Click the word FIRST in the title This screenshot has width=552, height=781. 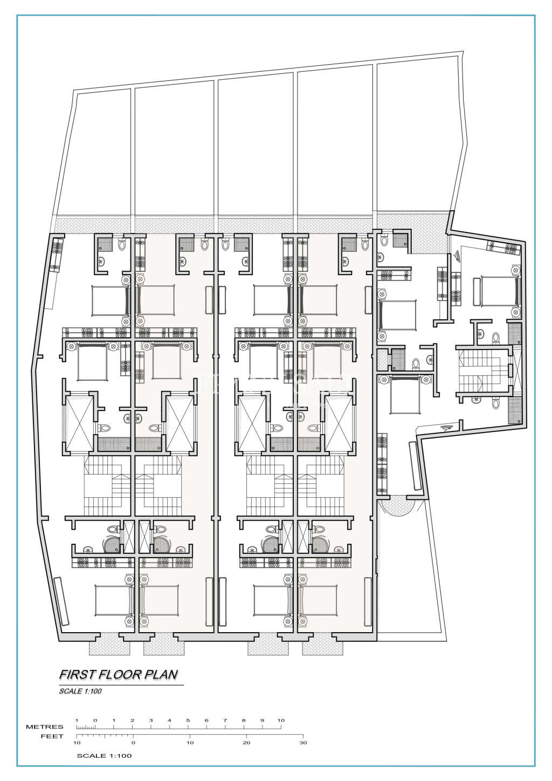pyautogui.click(x=74, y=674)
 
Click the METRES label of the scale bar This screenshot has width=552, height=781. pyautogui.click(x=45, y=727)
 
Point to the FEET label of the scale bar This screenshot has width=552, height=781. pyautogui.click(x=52, y=736)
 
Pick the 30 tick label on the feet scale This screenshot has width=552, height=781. pyautogui.click(x=303, y=743)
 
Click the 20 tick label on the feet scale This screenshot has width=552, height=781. pyautogui.click(x=246, y=743)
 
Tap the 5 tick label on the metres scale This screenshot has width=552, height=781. pyautogui.click(x=188, y=720)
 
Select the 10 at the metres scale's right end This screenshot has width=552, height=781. pyautogui.click(x=281, y=720)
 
